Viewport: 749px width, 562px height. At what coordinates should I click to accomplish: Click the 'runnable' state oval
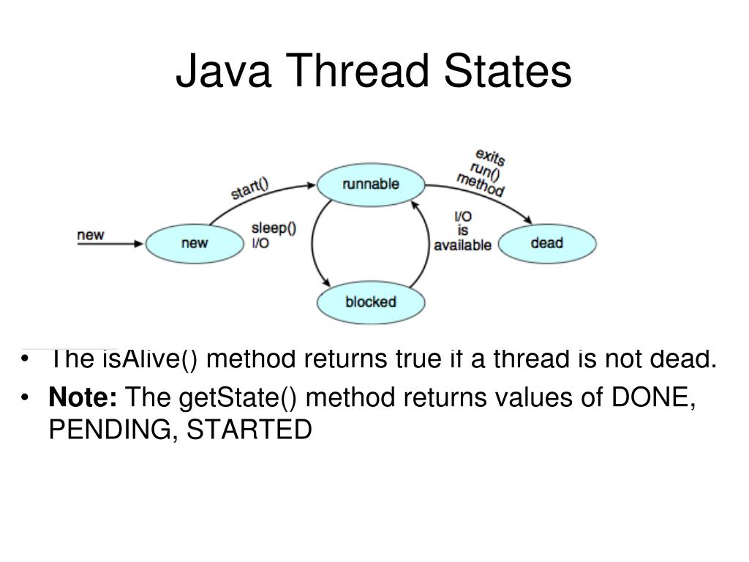[x=370, y=184]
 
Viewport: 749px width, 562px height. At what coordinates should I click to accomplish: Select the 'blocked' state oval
[x=370, y=301]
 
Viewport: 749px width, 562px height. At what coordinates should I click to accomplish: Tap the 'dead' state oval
[x=546, y=242]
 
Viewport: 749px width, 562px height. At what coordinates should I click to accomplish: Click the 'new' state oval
[x=194, y=243]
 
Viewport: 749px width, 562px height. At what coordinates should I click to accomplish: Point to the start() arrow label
[x=250, y=188]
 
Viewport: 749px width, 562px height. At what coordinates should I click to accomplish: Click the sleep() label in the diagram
[x=274, y=228]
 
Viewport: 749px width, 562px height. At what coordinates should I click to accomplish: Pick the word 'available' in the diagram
[x=462, y=245]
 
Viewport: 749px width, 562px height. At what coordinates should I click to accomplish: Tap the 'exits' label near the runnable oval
[x=490, y=157]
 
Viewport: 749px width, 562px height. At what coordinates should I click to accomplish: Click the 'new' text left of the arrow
[x=91, y=235]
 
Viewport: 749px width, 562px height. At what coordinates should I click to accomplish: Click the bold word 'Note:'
[x=83, y=398]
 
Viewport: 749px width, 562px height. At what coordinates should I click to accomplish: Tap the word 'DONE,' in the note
[x=653, y=398]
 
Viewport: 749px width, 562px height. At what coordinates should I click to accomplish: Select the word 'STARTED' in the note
[x=249, y=430]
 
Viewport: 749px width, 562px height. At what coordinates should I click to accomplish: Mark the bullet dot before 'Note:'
[x=27, y=399]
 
